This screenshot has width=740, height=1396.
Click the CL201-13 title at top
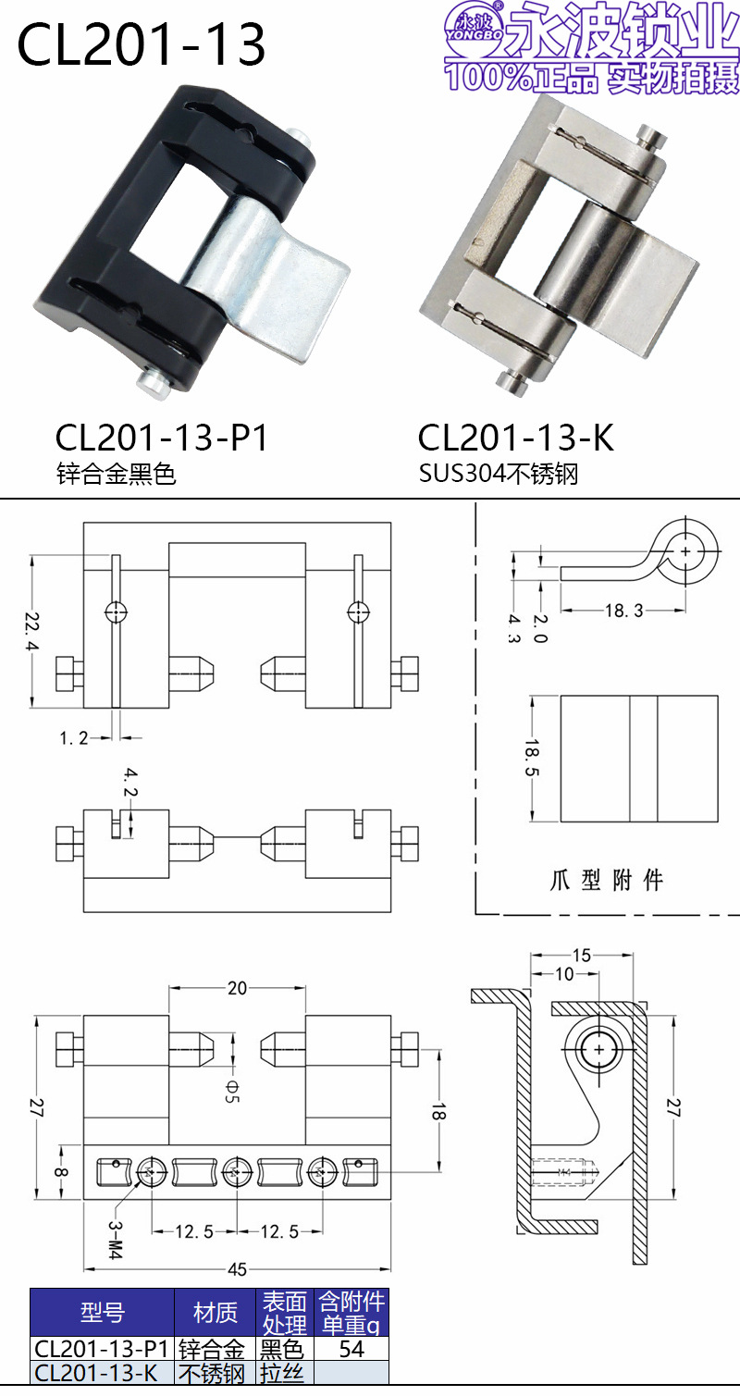click(142, 45)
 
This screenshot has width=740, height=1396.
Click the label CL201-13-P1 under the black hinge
click(162, 438)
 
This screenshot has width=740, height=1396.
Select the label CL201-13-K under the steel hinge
click(516, 438)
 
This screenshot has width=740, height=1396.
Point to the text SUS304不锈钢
click(499, 475)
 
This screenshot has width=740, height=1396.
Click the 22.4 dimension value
click(34, 632)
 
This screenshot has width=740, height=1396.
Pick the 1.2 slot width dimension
click(73, 738)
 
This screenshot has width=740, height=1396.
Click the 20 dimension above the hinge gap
click(238, 988)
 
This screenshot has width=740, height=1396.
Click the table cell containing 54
click(351, 1349)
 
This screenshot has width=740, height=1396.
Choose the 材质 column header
click(216, 1312)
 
